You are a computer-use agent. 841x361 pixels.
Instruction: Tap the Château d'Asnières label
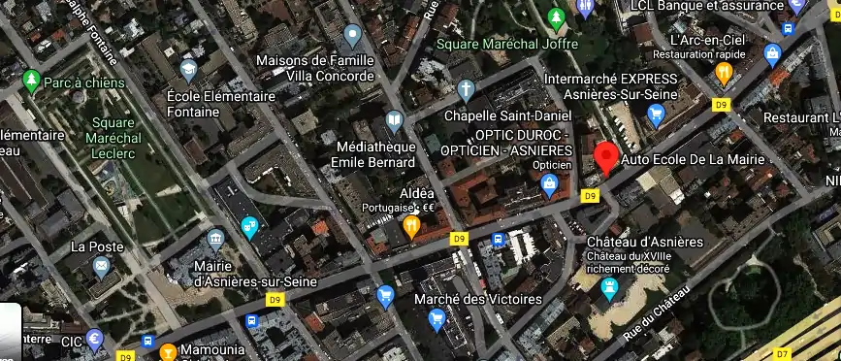pos(644,241)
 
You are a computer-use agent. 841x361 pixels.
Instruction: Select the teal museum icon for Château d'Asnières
pos(609,288)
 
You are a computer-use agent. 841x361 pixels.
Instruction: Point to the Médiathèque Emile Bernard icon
pos(394,122)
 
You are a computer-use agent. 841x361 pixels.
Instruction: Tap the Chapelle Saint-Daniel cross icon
pos(466,91)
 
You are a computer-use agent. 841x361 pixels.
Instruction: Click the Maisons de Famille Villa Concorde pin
pos(352,37)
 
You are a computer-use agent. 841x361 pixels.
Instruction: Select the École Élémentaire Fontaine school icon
pos(189,70)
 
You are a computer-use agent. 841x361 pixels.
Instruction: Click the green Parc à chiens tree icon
pos(32,80)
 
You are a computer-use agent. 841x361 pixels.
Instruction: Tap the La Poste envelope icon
pos(101,265)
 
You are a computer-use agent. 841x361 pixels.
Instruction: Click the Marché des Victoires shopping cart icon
pos(437,318)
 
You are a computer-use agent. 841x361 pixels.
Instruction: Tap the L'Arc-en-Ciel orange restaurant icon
pos(723,73)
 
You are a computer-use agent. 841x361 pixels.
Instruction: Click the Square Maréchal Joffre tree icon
pos(556,18)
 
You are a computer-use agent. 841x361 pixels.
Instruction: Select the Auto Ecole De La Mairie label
pos(693,158)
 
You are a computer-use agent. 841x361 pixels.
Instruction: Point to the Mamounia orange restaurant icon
pos(168,351)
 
